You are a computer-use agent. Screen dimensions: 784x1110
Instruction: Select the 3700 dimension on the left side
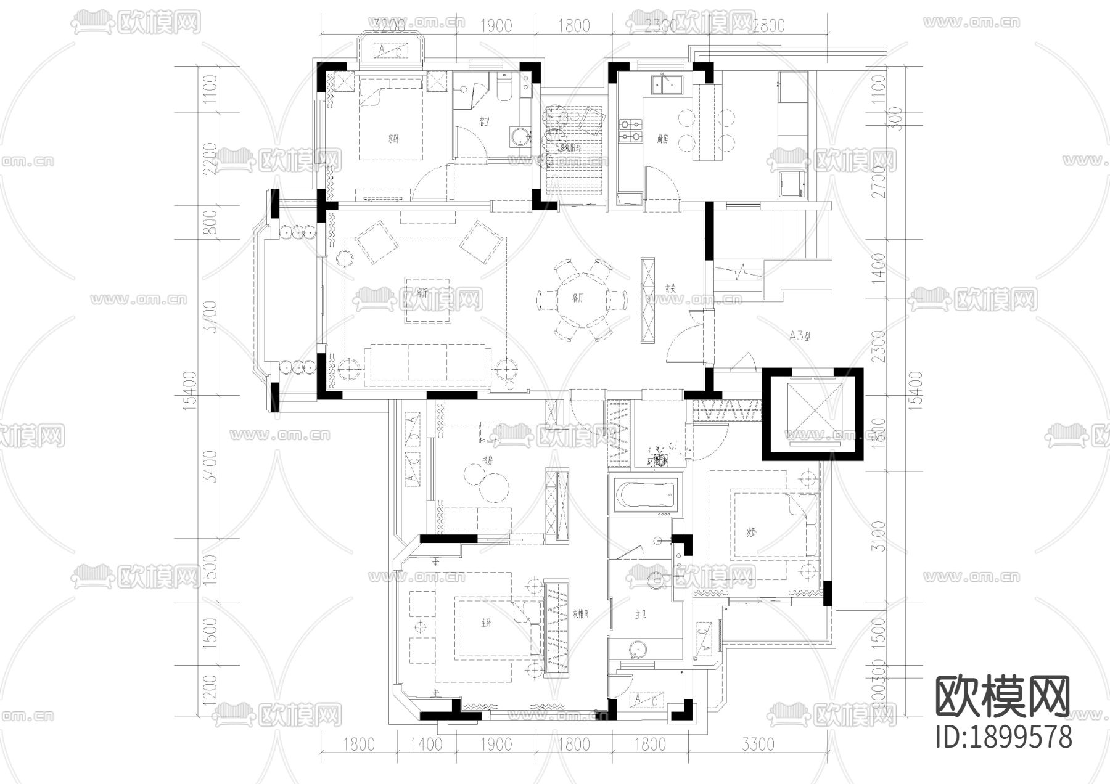[x=210, y=317]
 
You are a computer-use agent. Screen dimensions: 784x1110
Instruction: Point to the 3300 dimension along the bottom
[x=758, y=745]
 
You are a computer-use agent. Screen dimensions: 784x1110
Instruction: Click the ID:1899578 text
[x=1003, y=737]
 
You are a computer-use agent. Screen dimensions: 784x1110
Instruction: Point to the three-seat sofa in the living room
[x=429, y=365]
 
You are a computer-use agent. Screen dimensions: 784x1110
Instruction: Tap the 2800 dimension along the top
[x=768, y=26]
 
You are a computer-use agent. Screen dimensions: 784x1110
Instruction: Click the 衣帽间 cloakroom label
[x=582, y=614]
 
